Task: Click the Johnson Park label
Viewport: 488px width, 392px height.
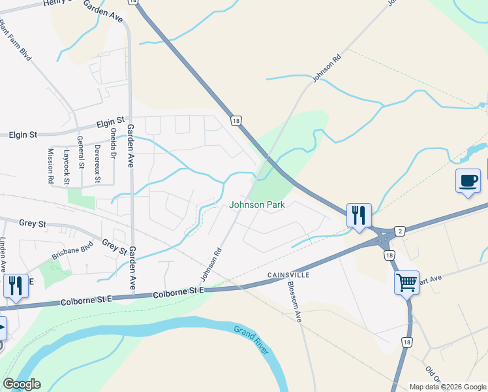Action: [x=257, y=204]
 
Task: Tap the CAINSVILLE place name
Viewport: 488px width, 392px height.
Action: [x=288, y=276]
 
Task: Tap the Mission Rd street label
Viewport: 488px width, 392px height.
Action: [x=50, y=165]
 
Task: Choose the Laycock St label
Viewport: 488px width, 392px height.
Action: [x=66, y=167]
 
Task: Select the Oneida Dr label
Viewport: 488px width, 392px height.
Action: [x=114, y=143]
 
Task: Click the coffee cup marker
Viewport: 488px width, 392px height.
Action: [x=468, y=181]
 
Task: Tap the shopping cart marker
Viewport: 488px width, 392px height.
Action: [x=406, y=283]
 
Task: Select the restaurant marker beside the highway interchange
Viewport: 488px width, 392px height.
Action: [x=359, y=215]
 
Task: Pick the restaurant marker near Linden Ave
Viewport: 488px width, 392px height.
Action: [x=15, y=286]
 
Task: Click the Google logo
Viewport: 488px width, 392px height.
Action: [x=22, y=384]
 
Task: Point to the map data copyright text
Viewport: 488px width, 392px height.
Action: [x=447, y=387]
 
